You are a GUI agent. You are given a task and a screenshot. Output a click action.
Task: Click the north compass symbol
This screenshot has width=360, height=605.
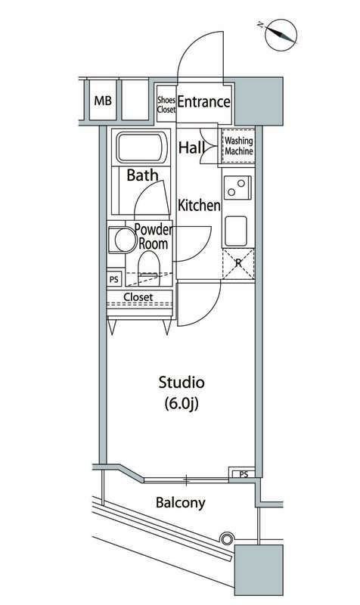tap(281, 35)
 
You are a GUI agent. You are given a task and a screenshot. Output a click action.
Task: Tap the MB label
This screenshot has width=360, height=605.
tap(103, 101)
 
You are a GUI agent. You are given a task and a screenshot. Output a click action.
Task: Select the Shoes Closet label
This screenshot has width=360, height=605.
tap(166, 104)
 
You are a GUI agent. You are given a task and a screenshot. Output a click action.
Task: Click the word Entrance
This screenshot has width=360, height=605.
tap(203, 102)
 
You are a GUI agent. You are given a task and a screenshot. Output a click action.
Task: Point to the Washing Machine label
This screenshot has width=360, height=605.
tap(239, 146)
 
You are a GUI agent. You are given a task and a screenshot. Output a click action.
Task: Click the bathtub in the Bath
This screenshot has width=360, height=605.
tap(141, 147)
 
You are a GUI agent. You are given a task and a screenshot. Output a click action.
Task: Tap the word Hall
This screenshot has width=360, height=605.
tap(191, 147)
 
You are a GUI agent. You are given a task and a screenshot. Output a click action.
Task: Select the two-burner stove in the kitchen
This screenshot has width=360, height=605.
tap(237, 187)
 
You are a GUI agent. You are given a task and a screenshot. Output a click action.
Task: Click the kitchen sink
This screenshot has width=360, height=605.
tap(236, 231)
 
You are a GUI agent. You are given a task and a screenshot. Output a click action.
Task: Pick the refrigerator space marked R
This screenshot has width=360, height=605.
tap(238, 263)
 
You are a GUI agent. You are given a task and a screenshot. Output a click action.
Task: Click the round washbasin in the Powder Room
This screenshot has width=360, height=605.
tap(126, 240)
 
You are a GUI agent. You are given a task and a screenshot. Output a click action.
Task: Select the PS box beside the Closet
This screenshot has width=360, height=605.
tap(114, 279)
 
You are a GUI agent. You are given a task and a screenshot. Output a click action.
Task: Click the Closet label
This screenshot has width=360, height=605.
tap(138, 297)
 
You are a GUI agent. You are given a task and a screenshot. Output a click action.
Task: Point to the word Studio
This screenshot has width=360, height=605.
tap(182, 383)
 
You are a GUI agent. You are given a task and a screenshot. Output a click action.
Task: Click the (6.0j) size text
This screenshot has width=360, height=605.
tap(182, 404)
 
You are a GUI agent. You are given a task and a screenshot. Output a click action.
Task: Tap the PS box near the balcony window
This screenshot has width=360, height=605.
tap(244, 474)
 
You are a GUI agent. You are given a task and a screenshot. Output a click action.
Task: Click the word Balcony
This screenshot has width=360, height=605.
tap(181, 503)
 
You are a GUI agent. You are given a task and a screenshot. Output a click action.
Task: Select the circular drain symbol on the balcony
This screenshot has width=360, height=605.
tap(227, 538)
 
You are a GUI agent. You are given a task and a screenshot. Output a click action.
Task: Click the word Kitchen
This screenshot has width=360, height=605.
tap(199, 205)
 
